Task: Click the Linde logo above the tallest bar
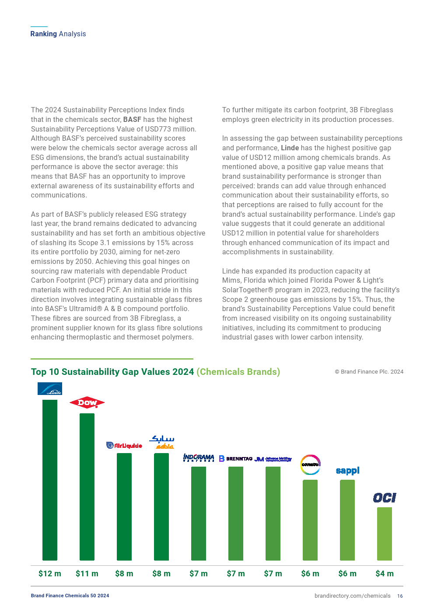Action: point(50,388)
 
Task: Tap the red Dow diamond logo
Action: point(87,402)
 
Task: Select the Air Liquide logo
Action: point(124,445)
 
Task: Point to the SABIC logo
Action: point(162,442)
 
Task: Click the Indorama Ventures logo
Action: point(199,458)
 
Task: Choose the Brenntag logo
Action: point(236,459)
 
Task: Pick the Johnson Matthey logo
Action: point(273,459)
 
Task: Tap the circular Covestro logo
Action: point(310,464)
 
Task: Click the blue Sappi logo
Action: point(347,471)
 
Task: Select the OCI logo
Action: point(385,498)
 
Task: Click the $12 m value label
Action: point(50,574)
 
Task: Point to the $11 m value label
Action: point(87,574)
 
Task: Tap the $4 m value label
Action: point(385,574)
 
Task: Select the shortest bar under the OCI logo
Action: point(385,533)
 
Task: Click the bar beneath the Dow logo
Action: point(87,487)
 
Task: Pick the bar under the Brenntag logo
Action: point(236,513)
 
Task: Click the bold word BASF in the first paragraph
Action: point(132,120)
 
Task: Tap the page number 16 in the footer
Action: point(400,596)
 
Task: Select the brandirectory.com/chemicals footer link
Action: point(352,596)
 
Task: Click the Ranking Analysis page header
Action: point(58,34)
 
